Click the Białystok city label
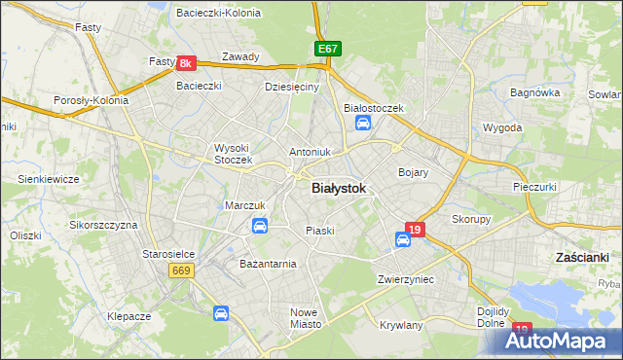[339, 190]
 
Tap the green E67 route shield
[328, 49]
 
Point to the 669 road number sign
[182, 270]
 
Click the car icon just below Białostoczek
[363, 123]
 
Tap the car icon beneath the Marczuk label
[260, 226]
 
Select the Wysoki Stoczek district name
[234, 154]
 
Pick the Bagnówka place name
[536, 93]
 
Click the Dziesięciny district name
[292, 87]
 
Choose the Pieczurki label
[533, 185]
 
